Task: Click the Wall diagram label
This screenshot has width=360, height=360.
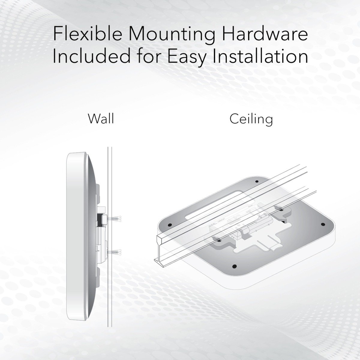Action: click(x=101, y=118)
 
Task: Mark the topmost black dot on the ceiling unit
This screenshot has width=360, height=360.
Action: click(x=257, y=181)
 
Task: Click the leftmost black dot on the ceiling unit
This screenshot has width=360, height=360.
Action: click(x=170, y=224)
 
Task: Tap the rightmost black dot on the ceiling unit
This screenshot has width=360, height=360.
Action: click(x=323, y=224)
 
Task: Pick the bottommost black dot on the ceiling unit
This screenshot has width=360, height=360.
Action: click(x=235, y=266)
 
